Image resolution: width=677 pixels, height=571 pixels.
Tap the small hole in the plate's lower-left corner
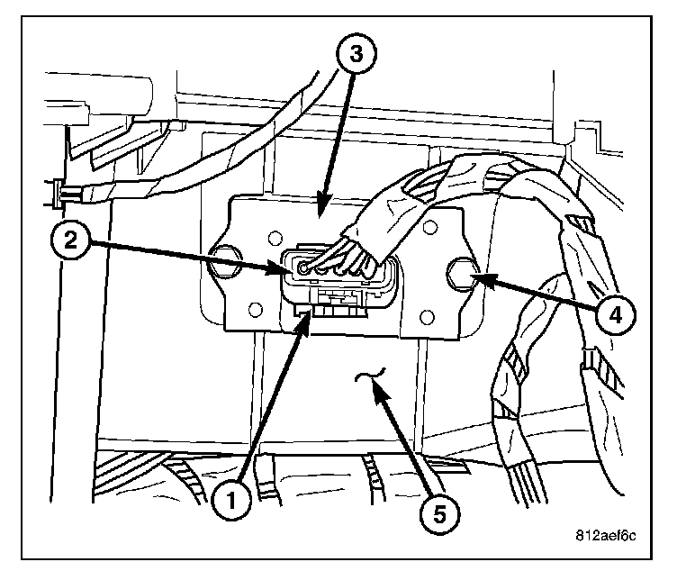pos(253,313)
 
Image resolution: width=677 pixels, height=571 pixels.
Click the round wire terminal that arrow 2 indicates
pos(304,268)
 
